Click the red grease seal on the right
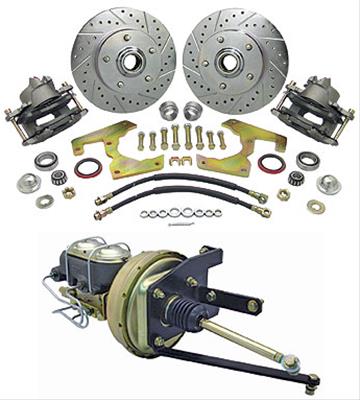click(271, 163)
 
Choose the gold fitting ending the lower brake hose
click(264, 211)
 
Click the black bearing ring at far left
click(45, 160)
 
